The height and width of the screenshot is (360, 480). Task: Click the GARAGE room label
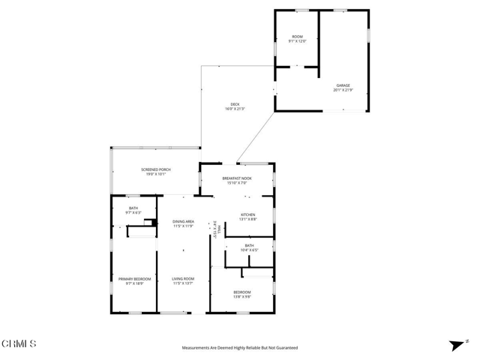343,85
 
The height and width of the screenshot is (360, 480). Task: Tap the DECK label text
235,104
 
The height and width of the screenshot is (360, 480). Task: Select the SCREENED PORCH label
156,169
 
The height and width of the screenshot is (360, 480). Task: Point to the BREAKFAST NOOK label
237,178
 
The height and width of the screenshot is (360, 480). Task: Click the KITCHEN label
248,214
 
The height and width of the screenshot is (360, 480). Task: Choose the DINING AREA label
184,221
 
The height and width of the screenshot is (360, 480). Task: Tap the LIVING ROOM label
184,279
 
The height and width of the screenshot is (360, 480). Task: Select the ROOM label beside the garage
297,37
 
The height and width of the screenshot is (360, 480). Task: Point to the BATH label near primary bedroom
133,208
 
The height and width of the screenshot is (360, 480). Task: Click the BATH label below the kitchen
248,244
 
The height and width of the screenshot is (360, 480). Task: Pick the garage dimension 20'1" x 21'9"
343,90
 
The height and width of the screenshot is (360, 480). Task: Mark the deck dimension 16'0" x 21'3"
235,109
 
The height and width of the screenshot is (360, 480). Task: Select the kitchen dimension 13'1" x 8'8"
248,219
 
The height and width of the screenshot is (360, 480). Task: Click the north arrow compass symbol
454,345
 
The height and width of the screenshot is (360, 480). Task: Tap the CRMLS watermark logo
19,344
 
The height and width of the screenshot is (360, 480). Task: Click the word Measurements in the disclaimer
197,348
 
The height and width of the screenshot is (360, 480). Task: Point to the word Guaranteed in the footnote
283,348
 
